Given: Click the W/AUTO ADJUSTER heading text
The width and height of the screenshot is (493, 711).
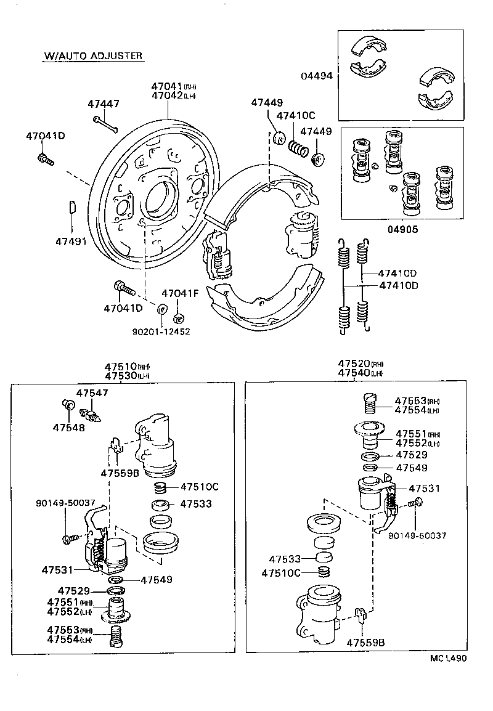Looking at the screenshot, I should tap(93, 56).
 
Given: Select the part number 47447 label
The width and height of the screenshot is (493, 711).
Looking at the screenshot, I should tap(103, 104).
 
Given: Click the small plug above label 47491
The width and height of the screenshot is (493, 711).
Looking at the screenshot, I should tap(71, 206).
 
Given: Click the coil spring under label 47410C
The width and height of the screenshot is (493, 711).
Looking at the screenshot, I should tap(298, 148).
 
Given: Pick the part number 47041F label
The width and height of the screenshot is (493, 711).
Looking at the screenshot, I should tap(180, 293).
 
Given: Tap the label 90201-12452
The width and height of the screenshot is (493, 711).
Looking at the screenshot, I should tap(161, 331).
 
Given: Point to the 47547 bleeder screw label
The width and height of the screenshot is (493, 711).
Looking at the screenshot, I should tap(92, 392).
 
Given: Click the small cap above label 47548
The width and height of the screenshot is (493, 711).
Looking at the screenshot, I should tap(68, 405).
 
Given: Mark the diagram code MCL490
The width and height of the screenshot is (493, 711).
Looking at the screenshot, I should tap(448, 658).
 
